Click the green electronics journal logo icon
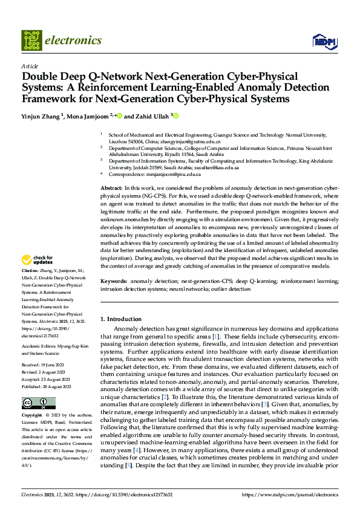tap(31, 41)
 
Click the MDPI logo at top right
tap(324, 41)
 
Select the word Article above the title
tap(30, 66)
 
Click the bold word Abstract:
tap(111, 189)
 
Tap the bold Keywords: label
tap(114, 282)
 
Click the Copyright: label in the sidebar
tap(33, 416)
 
